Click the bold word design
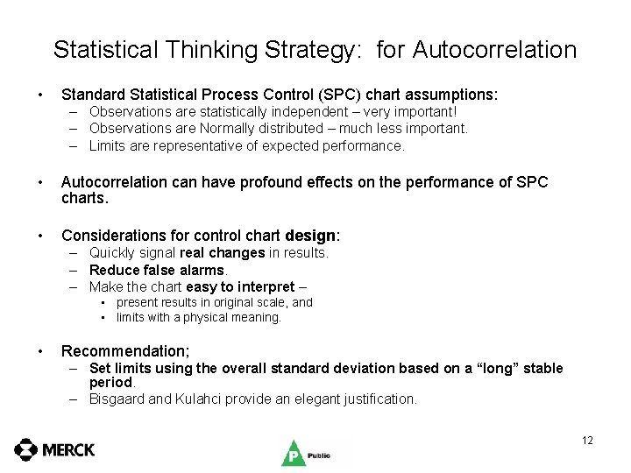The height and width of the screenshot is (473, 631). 311,236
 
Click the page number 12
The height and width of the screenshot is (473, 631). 587,440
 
